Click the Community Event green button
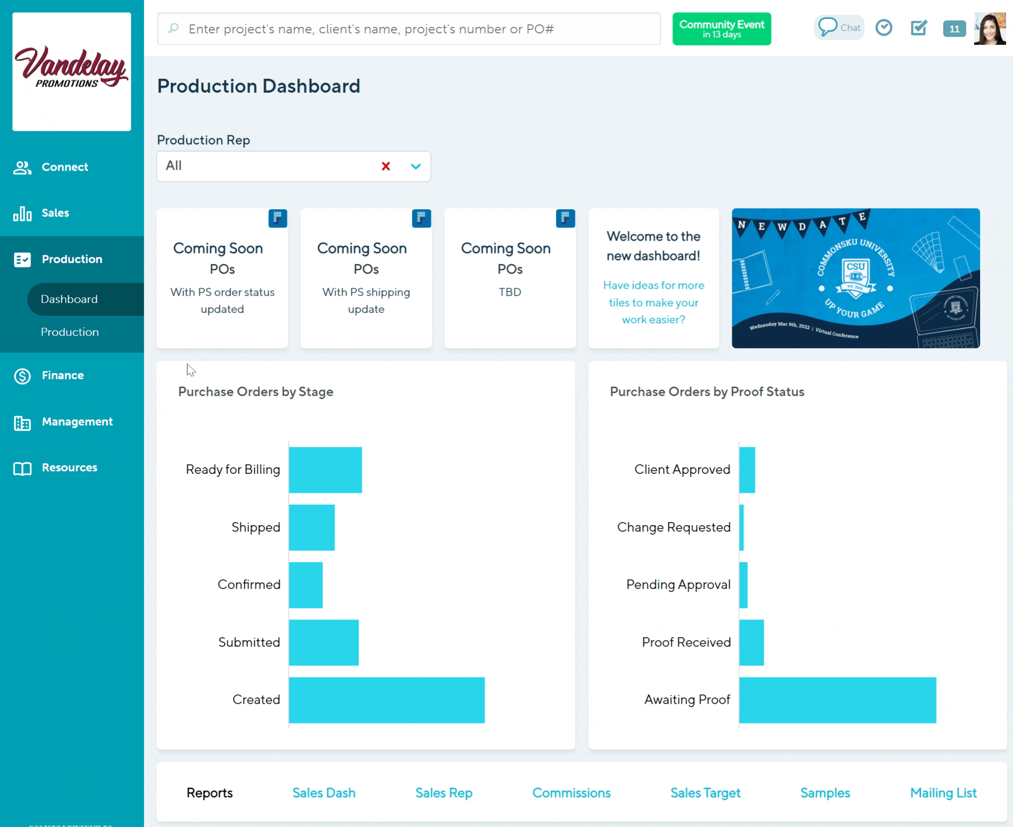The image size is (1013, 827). (x=721, y=29)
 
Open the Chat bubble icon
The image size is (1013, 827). (x=828, y=27)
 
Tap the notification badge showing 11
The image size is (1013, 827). (x=954, y=29)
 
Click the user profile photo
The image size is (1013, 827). (x=990, y=29)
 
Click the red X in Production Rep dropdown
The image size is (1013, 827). (x=385, y=166)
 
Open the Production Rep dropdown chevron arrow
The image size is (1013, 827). (x=416, y=166)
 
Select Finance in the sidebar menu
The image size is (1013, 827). (x=63, y=376)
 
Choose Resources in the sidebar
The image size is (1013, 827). (x=69, y=468)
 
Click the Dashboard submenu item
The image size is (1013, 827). (x=69, y=299)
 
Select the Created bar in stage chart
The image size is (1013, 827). (x=386, y=700)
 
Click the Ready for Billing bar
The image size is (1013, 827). (x=325, y=470)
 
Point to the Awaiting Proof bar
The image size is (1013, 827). (x=838, y=700)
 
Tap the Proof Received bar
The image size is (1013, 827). (x=751, y=642)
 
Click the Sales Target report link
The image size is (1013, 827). (x=705, y=793)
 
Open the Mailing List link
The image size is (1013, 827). (x=943, y=793)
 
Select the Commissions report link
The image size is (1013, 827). (x=571, y=793)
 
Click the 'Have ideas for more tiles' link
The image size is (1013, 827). (x=654, y=302)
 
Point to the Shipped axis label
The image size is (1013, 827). (x=256, y=527)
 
